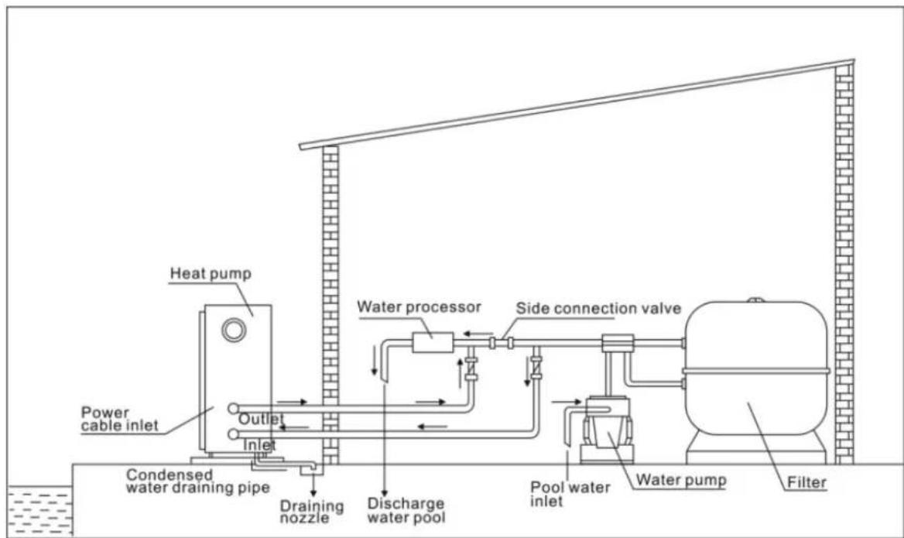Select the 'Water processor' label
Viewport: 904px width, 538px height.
[419, 307]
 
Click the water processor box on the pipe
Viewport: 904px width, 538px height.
[432, 341]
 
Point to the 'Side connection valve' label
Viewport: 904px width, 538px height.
[598, 307]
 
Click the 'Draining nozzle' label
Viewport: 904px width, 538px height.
[311, 511]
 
